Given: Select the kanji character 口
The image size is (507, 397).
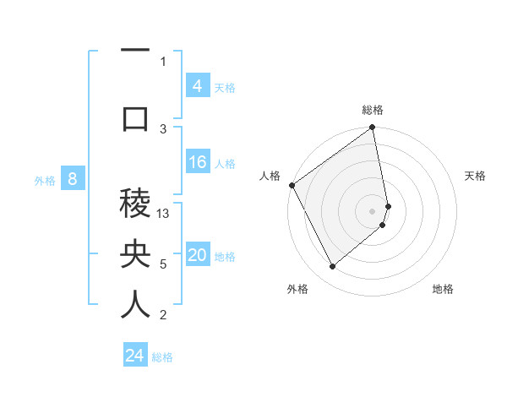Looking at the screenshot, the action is coord(135,118).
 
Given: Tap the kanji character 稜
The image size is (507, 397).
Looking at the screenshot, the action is coord(135,203).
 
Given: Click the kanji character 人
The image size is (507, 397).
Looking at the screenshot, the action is coord(135,304).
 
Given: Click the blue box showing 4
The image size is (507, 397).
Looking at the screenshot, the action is coord(197,85).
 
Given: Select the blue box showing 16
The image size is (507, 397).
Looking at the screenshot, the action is coord(198,162).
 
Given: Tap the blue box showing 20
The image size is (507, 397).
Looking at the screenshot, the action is coord(198,256).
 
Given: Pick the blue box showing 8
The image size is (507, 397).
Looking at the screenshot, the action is coord(73,178).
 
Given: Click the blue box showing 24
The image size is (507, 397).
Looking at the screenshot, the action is coord(135,356).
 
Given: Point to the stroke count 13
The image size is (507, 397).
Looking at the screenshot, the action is coord(164,214).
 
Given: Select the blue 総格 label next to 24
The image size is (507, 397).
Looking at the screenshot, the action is coord(162,357).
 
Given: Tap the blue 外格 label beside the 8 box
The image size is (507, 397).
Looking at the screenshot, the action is coord(45,180).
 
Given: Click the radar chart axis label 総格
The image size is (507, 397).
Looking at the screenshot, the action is coord(373,110).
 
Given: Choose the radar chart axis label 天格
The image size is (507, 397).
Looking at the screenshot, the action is coord(475,176).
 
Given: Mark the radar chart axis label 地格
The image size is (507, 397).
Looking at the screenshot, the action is coord(443,289).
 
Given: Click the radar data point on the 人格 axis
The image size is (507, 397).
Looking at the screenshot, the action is coord(292,185).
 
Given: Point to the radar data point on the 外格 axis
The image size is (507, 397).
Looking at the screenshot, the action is coord(332,267).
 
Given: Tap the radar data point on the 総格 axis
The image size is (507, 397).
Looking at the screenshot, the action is coord(373,128).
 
